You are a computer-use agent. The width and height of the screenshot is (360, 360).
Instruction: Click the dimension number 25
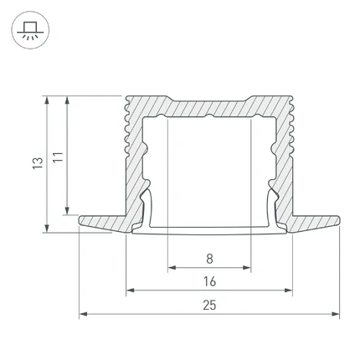pyautogui.click(x=209, y=305)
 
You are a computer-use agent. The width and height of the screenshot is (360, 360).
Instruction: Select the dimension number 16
pyautogui.click(x=209, y=281)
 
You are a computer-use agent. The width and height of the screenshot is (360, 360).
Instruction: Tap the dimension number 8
pyautogui.click(x=209, y=259)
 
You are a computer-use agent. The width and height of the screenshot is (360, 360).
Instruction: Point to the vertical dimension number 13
pyautogui.click(x=38, y=163)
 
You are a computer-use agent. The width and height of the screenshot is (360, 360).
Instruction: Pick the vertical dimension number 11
pyautogui.click(x=58, y=157)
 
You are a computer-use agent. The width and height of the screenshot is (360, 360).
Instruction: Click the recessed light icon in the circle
pyautogui.click(x=30, y=30)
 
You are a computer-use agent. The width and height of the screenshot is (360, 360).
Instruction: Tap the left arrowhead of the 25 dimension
pyautogui.click(x=84, y=314)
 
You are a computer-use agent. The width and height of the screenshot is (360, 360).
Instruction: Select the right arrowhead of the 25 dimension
pyautogui.click(x=335, y=314)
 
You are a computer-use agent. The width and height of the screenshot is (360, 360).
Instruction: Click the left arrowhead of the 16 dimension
pyautogui.click(x=131, y=291)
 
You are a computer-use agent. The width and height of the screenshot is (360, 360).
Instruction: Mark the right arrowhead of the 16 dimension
pyautogui.click(x=288, y=291)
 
